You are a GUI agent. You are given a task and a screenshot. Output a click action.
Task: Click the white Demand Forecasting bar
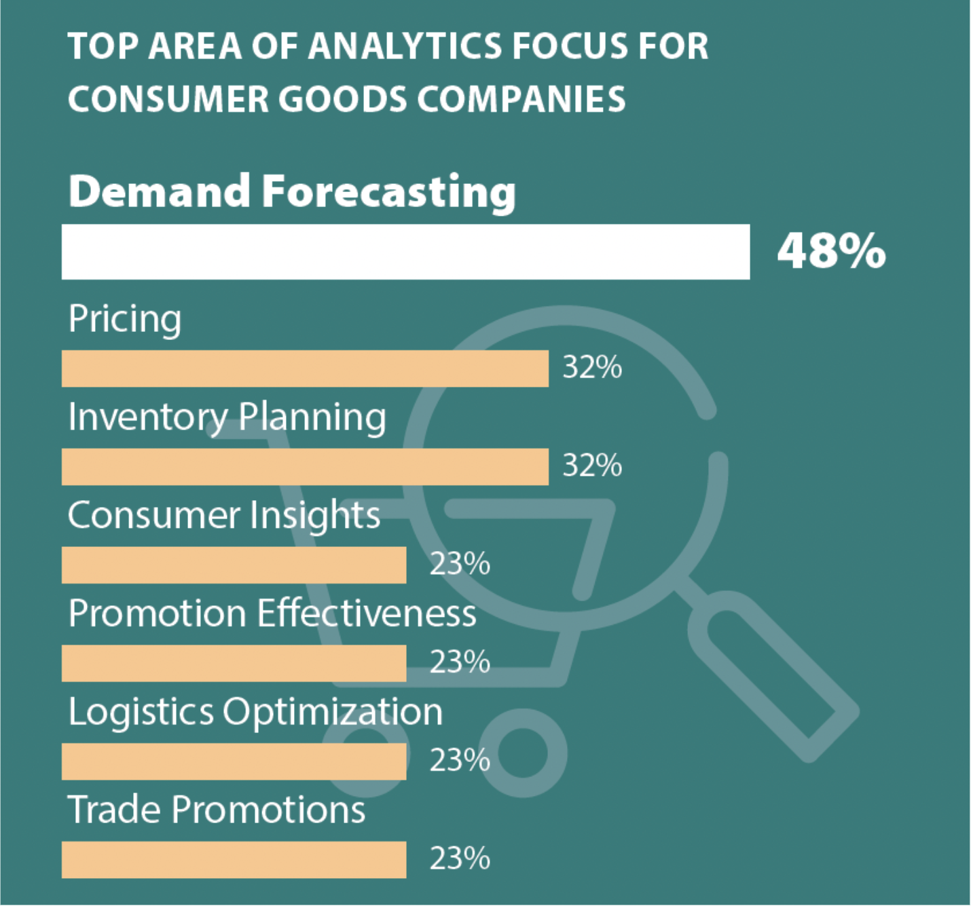pyautogui.click(x=405, y=252)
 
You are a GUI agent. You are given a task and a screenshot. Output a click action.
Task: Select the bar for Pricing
pyautogui.click(x=305, y=368)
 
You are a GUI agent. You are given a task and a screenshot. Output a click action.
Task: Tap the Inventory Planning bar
pyautogui.click(x=305, y=467)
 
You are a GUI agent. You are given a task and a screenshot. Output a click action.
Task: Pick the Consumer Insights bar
pyautogui.click(x=234, y=565)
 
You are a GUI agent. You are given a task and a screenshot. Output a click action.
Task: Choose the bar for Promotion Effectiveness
pyautogui.click(x=234, y=664)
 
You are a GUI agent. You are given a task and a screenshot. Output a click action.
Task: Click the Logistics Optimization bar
pyautogui.click(x=234, y=761)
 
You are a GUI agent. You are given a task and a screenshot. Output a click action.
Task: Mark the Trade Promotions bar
pyautogui.click(x=234, y=860)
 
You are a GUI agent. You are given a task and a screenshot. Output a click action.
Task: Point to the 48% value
pyautogui.click(x=831, y=252)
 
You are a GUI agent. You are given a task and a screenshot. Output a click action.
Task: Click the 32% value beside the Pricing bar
pyautogui.click(x=592, y=368)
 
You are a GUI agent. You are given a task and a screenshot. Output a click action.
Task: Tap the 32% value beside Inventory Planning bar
pyautogui.click(x=592, y=466)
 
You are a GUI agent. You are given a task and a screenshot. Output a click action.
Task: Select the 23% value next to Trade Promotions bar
pyautogui.click(x=460, y=859)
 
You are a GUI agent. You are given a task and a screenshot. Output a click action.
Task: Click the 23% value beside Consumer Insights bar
pyautogui.click(x=460, y=564)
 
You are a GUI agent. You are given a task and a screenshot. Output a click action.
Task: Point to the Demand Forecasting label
pyautogui.click(x=292, y=192)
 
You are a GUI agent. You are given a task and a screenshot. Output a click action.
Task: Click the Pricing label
pyautogui.click(x=125, y=319)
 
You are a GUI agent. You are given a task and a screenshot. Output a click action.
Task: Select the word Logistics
pyautogui.click(x=141, y=712)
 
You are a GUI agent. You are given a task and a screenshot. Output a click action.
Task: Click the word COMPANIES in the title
pyautogui.click(x=521, y=99)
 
